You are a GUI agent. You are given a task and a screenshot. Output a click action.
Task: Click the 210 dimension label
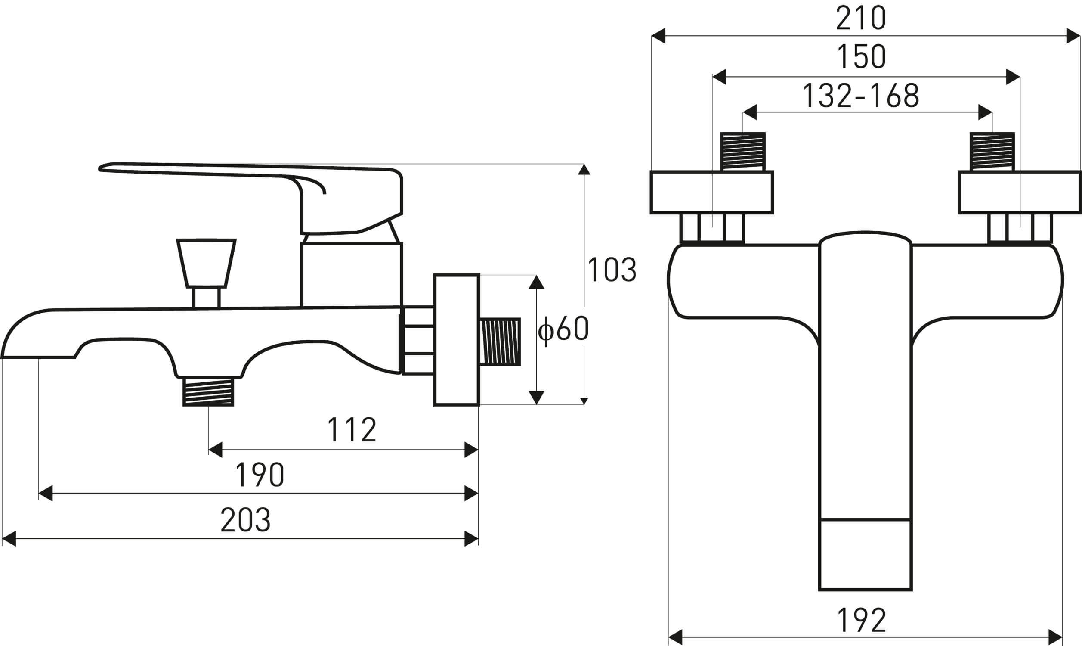click(861, 19)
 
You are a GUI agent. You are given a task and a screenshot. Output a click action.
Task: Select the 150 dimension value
click(861, 57)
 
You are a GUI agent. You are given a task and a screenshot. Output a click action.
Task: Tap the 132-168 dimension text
click(861, 96)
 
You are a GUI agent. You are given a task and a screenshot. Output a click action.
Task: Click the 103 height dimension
click(612, 270)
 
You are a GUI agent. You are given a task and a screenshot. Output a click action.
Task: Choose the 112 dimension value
click(351, 430)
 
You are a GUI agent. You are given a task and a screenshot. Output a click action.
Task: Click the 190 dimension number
click(260, 475)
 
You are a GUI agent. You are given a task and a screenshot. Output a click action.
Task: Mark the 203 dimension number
click(246, 520)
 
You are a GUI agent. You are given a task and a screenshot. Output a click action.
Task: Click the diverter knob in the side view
click(206, 264)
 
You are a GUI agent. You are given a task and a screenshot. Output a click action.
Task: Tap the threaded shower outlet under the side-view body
click(208, 391)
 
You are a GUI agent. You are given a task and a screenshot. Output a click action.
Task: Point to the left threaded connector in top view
click(742, 152)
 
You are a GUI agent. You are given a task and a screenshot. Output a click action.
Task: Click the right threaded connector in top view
click(992, 152)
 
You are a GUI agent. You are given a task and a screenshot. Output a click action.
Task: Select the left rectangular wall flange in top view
click(711, 192)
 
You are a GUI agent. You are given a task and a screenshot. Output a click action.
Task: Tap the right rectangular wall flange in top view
click(1019, 192)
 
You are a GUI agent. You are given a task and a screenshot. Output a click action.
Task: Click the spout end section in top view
click(865, 555)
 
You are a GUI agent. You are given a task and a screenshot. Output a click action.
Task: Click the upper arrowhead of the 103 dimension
click(584, 169)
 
